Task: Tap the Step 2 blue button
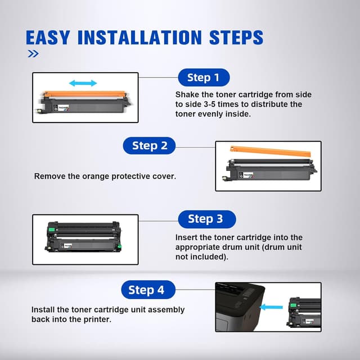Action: point(150,146)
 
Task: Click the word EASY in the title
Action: point(50,38)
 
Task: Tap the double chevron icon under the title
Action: point(33,54)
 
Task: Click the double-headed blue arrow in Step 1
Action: point(83,83)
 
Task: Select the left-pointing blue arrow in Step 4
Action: point(273,307)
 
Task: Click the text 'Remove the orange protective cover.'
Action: point(105,176)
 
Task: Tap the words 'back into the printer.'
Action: point(71,319)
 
